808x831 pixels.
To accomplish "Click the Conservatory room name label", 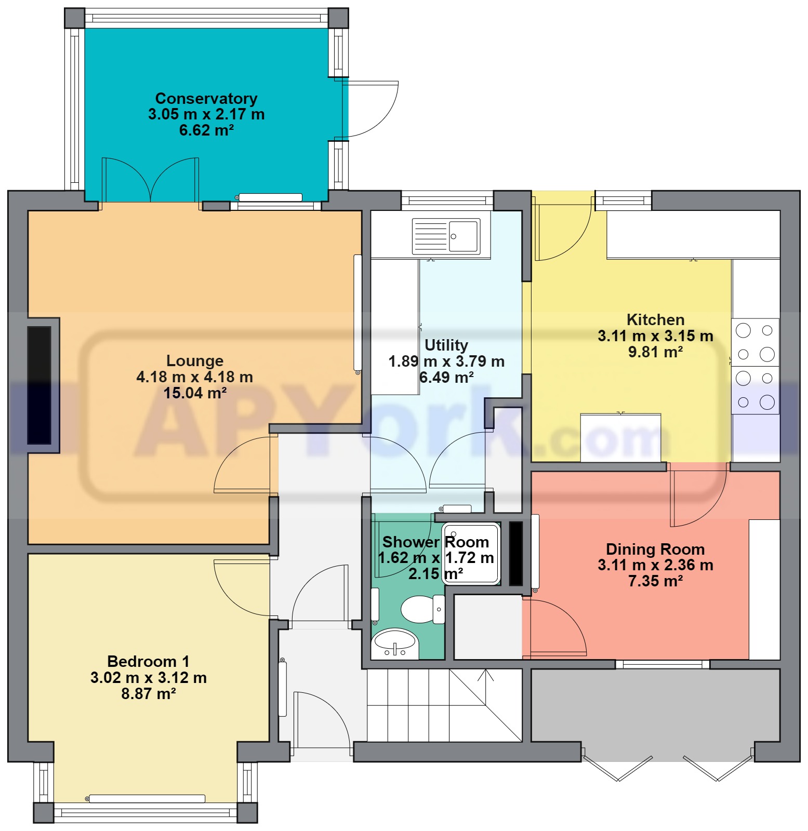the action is (x=206, y=98).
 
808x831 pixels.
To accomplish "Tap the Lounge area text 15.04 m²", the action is (x=195, y=393).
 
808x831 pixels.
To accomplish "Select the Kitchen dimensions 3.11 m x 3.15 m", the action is (x=655, y=336).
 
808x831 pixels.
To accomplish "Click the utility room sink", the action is (x=446, y=236).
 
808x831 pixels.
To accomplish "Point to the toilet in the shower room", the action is (x=423, y=609).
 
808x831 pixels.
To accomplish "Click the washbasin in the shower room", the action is (x=395, y=644).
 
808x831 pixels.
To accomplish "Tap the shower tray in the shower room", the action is (x=471, y=554).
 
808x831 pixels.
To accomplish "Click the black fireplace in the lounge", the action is (x=39, y=385).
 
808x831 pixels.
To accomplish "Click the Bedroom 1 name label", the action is (x=148, y=661).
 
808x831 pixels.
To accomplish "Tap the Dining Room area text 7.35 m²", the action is (x=655, y=581).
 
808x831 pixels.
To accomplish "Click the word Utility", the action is (x=446, y=345).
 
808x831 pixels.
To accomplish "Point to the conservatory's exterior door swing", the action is (x=370, y=109).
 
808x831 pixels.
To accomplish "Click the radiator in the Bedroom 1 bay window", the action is (x=147, y=798).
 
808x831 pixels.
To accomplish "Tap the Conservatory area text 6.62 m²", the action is (x=206, y=130).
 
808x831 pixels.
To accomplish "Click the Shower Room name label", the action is (x=435, y=542).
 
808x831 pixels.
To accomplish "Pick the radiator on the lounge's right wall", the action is (x=357, y=314).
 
